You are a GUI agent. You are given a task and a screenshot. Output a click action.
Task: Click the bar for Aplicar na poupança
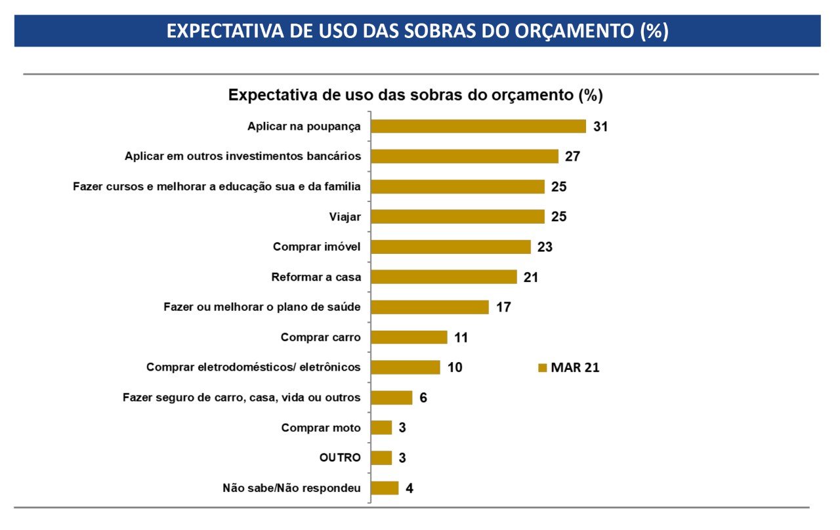[478, 127]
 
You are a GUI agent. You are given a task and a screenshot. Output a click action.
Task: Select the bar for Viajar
[458, 216]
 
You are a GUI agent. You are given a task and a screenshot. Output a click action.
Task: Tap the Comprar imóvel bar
[451, 247]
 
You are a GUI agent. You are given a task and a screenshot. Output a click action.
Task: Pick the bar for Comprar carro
[409, 337]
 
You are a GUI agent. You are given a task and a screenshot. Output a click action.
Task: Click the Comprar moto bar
[381, 428]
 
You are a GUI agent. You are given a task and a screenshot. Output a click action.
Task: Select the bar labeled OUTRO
[381, 458]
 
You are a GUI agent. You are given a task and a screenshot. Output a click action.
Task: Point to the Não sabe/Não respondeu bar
[385, 488]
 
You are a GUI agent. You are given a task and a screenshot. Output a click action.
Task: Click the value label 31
[600, 127]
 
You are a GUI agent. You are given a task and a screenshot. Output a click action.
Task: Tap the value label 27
[573, 156]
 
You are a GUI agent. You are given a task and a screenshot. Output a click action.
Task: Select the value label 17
[503, 308]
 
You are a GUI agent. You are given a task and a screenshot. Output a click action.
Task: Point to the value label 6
[423, 397]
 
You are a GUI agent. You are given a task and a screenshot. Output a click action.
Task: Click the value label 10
[455, 367]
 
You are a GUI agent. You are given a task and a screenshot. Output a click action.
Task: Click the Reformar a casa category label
[316, 277]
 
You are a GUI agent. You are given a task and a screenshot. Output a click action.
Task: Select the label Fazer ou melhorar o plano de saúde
[262, 307]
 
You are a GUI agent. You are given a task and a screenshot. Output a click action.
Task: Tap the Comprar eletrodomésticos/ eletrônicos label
[253, 367]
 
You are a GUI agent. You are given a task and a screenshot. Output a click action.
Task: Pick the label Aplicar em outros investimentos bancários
[243, 156]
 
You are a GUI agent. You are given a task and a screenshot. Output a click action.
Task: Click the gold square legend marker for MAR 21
[542, 368]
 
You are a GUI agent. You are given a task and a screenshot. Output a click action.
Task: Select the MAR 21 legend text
[576, 368]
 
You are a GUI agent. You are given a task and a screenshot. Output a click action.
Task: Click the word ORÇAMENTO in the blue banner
[574, 31]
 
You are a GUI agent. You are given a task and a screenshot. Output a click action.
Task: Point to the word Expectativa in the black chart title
[272, 95]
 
